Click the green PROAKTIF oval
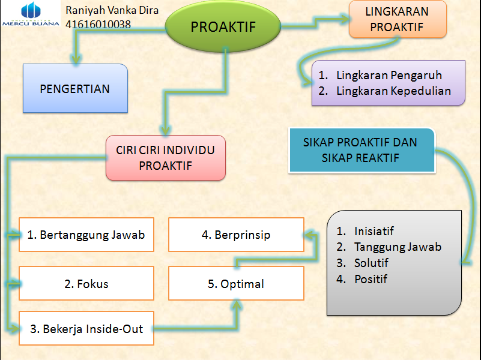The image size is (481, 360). [223, 26]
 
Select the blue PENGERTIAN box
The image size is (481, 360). [75, 89]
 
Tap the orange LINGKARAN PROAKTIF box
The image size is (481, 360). [397, 19]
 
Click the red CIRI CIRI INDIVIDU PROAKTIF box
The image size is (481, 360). [165, 158]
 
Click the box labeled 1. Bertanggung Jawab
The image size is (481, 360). [86, 235]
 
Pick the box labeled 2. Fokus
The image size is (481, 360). [86, 283]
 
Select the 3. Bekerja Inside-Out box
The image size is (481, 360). [86, 329]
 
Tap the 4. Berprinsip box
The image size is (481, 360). [236, 235]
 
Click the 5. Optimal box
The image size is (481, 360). [236, 284]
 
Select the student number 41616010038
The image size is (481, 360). [98, 25]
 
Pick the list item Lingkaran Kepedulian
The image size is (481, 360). [393, 91]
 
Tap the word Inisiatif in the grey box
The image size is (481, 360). [374, 231]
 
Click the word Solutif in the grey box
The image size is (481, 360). [371, 263]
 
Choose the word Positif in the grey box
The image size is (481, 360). [371, 279]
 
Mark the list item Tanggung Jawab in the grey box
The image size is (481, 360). [398, 247]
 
